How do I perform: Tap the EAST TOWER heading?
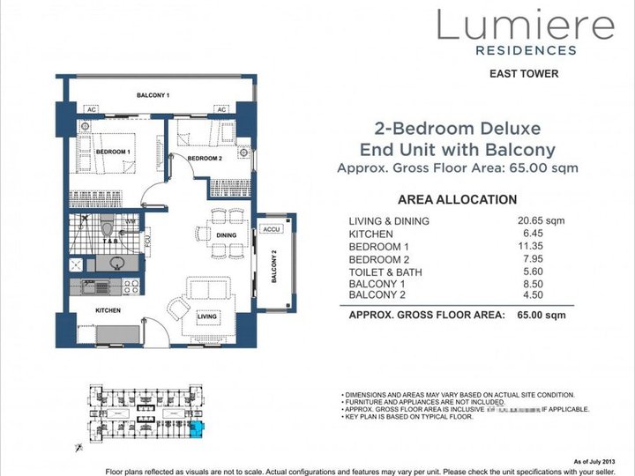[x=524, y=74]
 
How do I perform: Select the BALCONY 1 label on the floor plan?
[x=153, y=95]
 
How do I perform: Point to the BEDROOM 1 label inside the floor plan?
[x=113, y=152]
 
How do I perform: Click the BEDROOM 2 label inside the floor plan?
[x=204, y=159]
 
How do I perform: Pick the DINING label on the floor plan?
[x=227, y=235]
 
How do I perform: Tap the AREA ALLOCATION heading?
[x=458, y=200]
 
